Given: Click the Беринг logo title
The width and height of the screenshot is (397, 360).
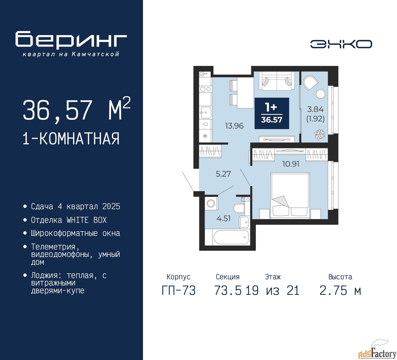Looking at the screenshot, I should (71, 40).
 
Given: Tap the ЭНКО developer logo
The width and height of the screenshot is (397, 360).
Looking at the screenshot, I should (341, 44).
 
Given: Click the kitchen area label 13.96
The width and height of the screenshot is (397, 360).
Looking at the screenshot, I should (234, 126).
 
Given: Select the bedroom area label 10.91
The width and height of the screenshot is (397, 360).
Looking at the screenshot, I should (291, 164).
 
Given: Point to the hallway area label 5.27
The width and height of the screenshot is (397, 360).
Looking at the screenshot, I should (223, 174).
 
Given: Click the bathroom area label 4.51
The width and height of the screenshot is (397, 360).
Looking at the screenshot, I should (223, 218).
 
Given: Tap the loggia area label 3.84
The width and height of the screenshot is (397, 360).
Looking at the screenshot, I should (315, 110).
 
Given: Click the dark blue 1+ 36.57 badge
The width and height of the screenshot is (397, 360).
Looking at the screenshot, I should (272, 113).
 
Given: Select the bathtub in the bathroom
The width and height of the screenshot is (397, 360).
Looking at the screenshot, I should (231, 237).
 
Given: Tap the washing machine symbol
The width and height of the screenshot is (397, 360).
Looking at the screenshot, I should (211, 204).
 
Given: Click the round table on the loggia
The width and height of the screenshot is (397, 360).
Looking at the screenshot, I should (320, 94).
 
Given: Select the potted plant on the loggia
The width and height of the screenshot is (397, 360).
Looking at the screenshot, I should (319, 134).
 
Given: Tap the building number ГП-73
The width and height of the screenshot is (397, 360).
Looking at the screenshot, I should (179, 291).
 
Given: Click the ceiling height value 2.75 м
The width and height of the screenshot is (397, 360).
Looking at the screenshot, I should (340, 291).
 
